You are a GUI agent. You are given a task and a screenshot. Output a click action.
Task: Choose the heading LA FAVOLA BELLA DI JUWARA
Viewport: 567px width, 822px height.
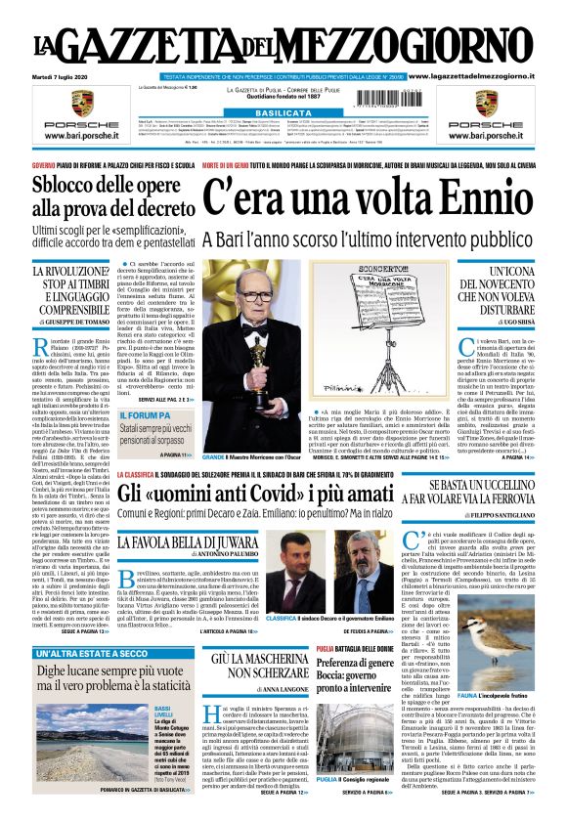tap(185, 541)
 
